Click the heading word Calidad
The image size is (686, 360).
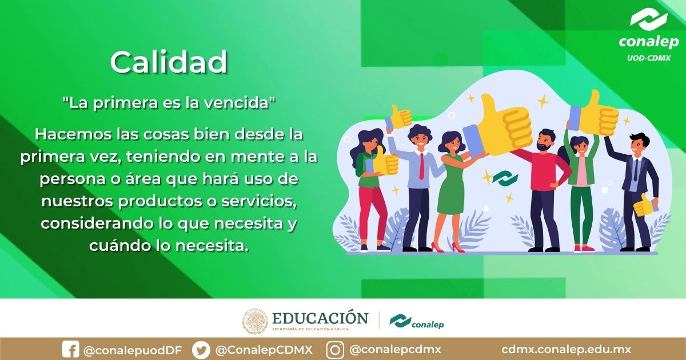pyautogui.click(x=169, y=62)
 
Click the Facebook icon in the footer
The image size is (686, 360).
pyautogui.click(x=70, y=350)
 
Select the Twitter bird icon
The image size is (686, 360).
pyautogui.click(x=201, y=350)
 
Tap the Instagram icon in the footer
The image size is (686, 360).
pyautogui.click(x=335, y=350)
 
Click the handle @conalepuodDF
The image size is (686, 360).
pyautogui.click(x=132, y=350)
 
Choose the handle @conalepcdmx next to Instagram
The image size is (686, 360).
pyautogui.click(x=395, y=350)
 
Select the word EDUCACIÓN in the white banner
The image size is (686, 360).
pyautogui.click(x=320, y=318)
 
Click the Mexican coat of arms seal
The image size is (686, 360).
pyautogui.click(x=255, y=322)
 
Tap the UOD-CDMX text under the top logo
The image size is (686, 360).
pyautogui.click(x=648, y=58)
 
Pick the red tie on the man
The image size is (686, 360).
pyautogui.click(x=421, y=166)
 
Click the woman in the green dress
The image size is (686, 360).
pyautogui.click(x=451, y=183)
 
